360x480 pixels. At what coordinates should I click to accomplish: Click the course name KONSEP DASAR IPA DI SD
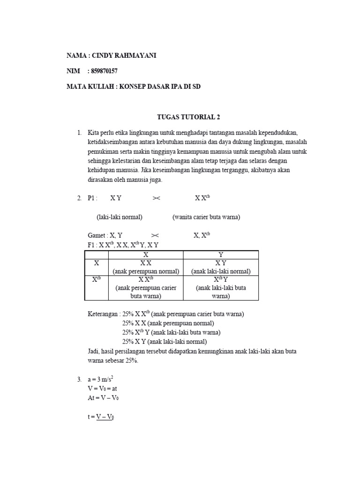coord(160,87)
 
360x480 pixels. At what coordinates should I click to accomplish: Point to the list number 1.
coord(79,133)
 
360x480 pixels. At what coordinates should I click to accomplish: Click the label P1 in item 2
coord(92,198)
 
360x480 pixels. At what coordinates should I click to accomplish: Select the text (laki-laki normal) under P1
coord(120,217)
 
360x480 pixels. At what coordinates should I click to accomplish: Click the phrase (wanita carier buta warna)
coord(206,217)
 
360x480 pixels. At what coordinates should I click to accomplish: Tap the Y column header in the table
coord(221,255)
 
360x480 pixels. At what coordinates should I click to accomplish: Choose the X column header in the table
coord(146,255)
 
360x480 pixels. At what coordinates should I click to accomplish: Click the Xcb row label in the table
coord(97,280)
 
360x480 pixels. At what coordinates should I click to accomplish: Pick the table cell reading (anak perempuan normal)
coord(146,271)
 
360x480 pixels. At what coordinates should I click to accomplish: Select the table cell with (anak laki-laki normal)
coord(221,271)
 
